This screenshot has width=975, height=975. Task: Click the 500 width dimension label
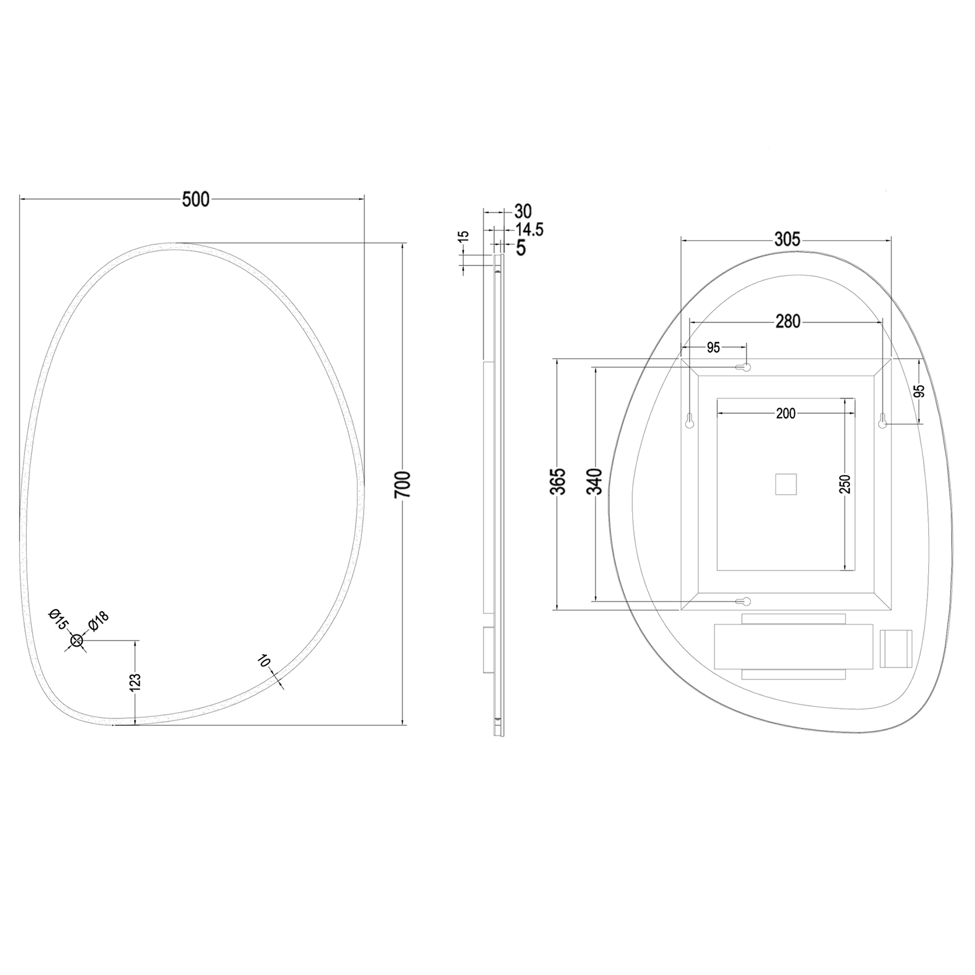[x=195, y=200]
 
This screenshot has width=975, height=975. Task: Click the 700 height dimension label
[x=404, y=485]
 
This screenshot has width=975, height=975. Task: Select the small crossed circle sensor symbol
[x=77, y=641]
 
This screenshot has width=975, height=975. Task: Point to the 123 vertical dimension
[x=135, y=682]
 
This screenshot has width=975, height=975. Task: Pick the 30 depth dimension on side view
[x=523, y=211]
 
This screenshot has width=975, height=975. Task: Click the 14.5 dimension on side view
[x=529, y=230]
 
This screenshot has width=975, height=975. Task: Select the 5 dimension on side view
[x=521, y=248]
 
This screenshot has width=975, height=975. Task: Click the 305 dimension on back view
[x=787, y=239]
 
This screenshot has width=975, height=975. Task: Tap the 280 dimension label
[x=788, y=321]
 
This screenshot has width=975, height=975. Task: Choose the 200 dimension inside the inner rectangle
[x=786, y=414]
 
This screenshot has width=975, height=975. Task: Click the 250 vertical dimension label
[x=846, y=485]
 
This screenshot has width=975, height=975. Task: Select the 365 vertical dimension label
[x=559, y=482]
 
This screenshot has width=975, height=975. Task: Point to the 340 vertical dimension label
[x=596, y=482]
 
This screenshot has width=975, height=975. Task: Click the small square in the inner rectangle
[x=786, y=485]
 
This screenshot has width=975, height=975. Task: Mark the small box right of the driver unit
[x=896, y=648]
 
